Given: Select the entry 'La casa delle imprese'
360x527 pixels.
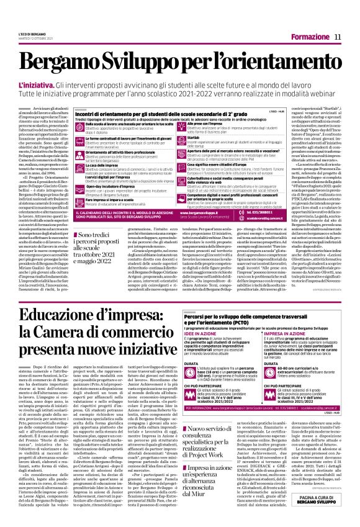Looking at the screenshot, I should click(x=99, y=166).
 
